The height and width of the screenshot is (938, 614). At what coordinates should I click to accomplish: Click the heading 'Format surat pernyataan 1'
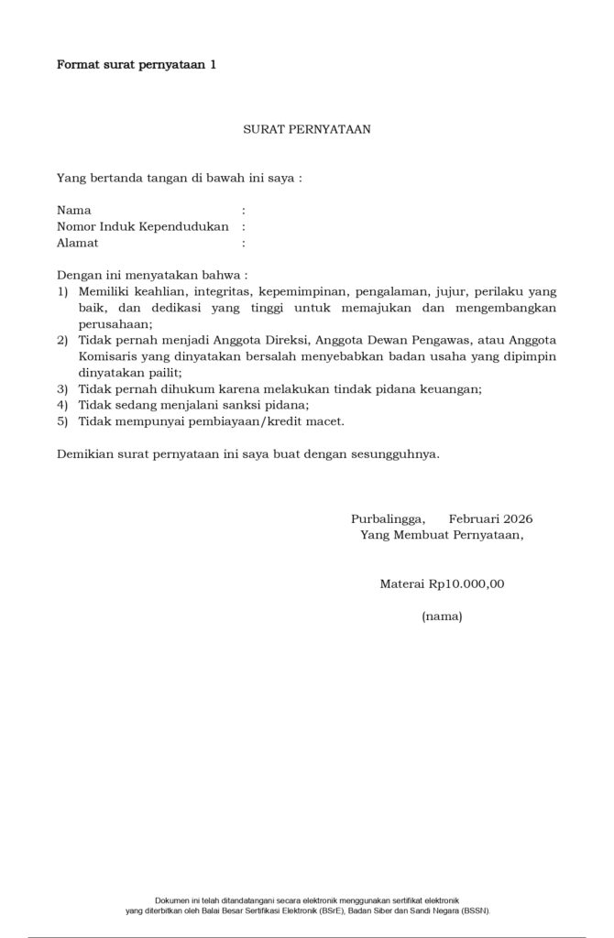(137, 64)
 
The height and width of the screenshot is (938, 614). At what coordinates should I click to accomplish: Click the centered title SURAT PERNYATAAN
(306, 130)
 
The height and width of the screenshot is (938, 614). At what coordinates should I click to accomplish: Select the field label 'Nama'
(73, 210)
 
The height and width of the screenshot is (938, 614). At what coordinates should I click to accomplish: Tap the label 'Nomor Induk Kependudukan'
(142, 226)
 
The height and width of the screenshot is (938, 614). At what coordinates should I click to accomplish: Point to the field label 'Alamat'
(77, 243)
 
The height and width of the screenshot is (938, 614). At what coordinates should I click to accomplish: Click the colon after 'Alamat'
(244, 243)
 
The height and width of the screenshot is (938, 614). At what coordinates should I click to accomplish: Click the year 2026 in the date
(515, 518)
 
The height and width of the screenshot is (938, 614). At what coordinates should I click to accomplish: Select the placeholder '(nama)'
(442, 616)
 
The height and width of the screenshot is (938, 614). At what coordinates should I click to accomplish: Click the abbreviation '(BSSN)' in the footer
(473, 911)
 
